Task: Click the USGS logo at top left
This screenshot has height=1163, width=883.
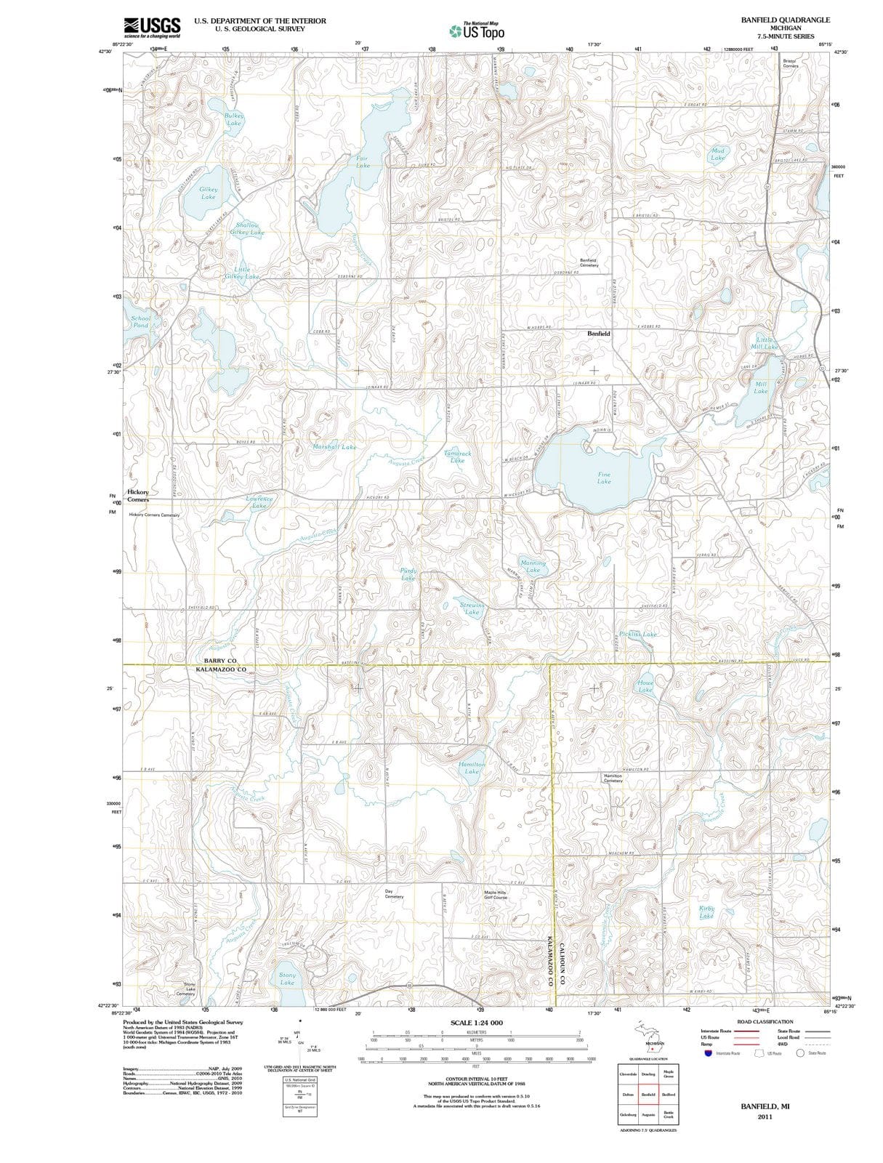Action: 152,28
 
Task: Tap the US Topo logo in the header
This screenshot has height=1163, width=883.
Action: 477,31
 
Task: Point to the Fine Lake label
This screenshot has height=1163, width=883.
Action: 604,478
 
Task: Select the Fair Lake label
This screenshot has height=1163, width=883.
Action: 363,161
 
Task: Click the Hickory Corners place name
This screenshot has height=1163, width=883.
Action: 138,496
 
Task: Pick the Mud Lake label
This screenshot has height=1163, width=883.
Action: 717,154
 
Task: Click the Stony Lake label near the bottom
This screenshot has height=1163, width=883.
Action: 288,978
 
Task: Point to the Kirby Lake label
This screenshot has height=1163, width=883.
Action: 706,912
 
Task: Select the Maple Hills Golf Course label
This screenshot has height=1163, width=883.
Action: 496,894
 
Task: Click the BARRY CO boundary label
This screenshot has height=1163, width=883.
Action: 220,660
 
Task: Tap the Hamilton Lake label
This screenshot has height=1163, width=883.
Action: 472,768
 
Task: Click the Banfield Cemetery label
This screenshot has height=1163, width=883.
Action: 589,262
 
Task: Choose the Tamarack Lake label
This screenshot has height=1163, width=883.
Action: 457,456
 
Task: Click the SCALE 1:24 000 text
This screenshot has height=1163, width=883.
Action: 476,1023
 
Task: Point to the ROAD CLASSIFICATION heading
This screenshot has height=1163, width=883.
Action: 765,1021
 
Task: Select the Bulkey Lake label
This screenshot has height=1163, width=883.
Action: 234,119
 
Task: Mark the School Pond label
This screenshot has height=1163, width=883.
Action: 141,321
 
